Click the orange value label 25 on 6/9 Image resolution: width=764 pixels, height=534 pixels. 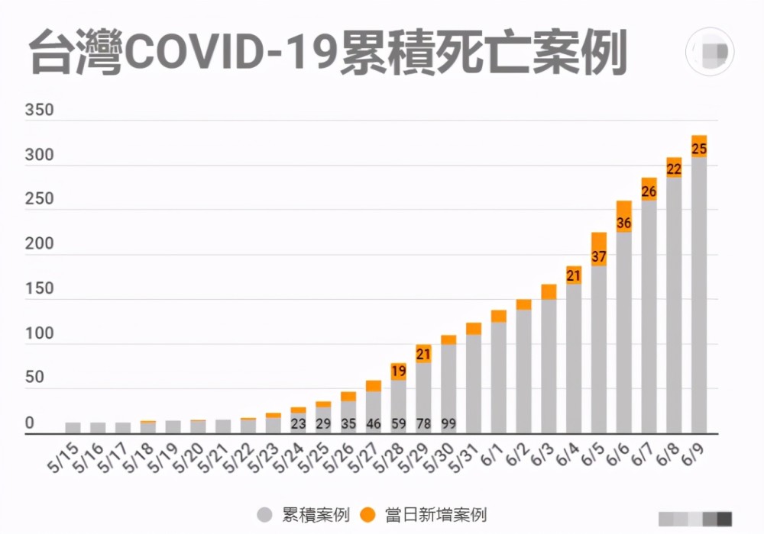click(x=699, y=149)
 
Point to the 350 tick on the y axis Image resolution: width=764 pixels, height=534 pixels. click(x=39, y=111)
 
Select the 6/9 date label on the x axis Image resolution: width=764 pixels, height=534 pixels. click(x=694, y=456)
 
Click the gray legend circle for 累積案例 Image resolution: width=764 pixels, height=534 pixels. click(x=265, y=515)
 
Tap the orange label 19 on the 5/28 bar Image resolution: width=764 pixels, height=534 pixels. click(x=398, y=372)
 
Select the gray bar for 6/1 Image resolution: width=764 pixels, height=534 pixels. click(x=499, y=378)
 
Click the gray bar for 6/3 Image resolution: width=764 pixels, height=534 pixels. click(x=549, y=366)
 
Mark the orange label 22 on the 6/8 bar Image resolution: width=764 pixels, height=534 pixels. click(x=674, y=169)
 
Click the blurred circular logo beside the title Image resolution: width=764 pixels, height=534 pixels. click(x=711, y=52)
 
